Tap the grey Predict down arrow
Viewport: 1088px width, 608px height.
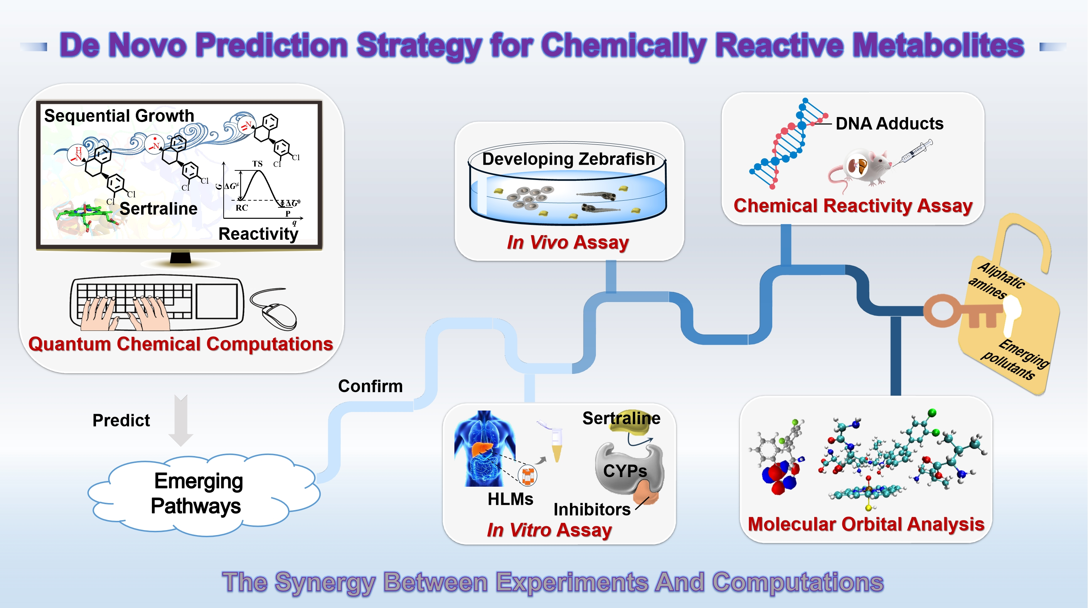(181, 421)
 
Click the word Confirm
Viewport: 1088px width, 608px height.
(370, 386)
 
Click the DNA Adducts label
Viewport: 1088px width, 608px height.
(889, 123)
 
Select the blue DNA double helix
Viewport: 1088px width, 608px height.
(785, 144)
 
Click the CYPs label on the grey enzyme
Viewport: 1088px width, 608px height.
(625, 471)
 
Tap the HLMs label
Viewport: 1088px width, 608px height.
(510, 499)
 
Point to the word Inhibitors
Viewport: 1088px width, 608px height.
(592, 509)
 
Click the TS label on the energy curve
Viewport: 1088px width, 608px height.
(257, 164)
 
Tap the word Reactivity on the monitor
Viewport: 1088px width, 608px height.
(258, 234)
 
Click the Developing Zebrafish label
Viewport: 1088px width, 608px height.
(568, 159)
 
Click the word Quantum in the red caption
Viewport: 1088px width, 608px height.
(69, 344)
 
